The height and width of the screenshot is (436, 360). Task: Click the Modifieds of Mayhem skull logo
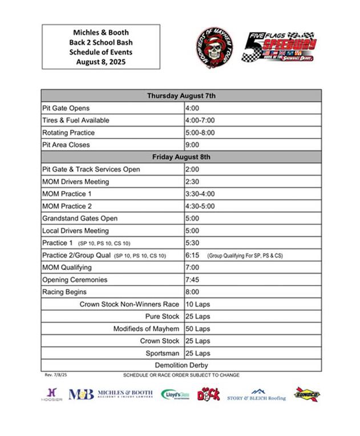click(x=214, y=47)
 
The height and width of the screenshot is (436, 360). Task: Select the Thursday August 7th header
click(x=181, y=96)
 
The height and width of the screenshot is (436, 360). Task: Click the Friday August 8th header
click(x=181, y=157)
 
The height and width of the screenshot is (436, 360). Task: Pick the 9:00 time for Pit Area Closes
click(x=192, y=145)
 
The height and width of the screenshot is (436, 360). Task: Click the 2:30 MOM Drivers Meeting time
click(x=192, y=182)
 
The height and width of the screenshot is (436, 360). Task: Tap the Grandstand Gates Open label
click(x=80, y=218)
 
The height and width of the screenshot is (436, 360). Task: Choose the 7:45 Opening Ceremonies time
click(x=192, y=280)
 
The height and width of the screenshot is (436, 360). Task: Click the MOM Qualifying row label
click(x=67, y=267)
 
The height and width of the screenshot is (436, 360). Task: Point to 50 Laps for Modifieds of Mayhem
click(x=198, y=329)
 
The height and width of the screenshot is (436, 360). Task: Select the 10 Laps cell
click(x=198, y=304)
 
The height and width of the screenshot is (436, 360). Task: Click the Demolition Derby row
click(x=181, y=365)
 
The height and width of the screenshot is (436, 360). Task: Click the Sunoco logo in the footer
click(x=307, y=394)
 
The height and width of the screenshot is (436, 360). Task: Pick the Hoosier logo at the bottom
click(x=52, y=394)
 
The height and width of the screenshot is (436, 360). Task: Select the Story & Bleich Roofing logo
click(x=257, y=396)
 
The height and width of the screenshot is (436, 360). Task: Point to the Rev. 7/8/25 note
click(x=55, y=375)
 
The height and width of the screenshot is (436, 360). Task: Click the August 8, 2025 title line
click(x=101, y=62)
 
